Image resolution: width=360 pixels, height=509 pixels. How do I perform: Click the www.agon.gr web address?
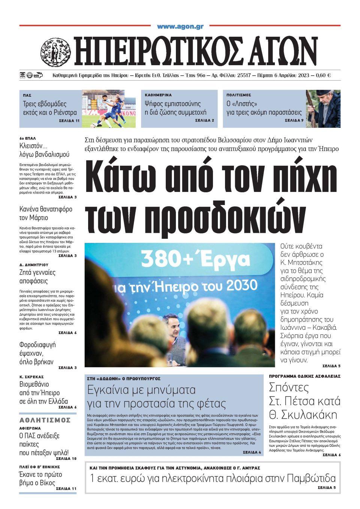point(180,27)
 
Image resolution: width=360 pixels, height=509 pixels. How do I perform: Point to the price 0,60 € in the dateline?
point(323,75)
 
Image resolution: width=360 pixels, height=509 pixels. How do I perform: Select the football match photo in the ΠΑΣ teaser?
point(109,109)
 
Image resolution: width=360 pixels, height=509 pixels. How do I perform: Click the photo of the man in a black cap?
point(323,109)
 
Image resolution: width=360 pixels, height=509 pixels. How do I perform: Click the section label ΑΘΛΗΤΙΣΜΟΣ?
point(45,419)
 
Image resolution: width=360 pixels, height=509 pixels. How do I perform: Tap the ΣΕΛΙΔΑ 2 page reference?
point(204,121)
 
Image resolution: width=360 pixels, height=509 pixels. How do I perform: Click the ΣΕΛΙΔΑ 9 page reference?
point(294,121)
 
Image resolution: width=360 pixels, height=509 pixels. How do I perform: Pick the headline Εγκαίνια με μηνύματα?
point(141,390)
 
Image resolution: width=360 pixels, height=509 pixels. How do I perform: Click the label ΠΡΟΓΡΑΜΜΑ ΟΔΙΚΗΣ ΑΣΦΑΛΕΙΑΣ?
point(304,376)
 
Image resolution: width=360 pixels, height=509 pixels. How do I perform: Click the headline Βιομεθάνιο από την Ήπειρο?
point(43,392)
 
